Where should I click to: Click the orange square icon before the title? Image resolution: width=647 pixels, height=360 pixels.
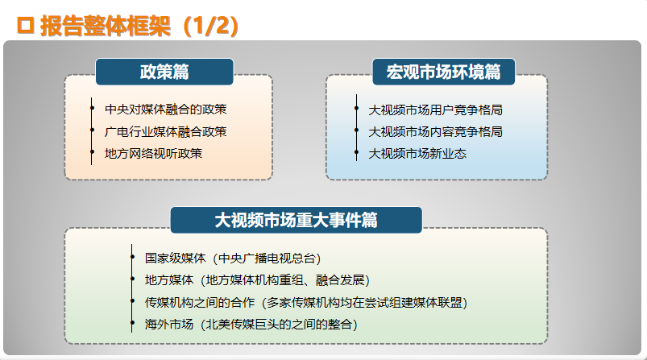click(x=25, y=26)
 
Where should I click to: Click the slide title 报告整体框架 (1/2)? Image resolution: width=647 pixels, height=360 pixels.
click(x=139, y=26)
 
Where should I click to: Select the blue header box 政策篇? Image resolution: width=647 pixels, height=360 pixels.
click(x=164, y=72)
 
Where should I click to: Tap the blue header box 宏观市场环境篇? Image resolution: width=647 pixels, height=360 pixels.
click(x=444, y=72)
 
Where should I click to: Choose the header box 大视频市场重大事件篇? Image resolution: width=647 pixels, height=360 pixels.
click(x=297, y=220)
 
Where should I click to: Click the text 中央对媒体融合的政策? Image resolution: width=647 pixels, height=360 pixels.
click(x=165, y=110)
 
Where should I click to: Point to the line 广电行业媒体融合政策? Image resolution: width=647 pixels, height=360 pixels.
click(x=165, y=131)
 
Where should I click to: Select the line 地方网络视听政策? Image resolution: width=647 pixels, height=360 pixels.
click(x=154, y=153)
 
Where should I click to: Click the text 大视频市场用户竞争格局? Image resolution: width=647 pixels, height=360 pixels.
click(x=435, y=110)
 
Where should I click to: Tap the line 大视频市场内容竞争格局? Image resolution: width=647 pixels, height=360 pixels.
click(x=435, y=131)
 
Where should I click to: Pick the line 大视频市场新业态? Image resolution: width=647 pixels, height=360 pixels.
click(x=417, y=153)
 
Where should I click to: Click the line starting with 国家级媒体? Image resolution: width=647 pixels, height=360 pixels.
click(x=233, y=259)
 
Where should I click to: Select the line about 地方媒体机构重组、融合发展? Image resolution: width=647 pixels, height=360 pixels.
click(x=258, y=280)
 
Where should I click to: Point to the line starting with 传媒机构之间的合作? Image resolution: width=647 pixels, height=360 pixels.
click(x=306, y=302)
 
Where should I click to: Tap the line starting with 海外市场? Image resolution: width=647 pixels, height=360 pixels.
click(x=251, y=324)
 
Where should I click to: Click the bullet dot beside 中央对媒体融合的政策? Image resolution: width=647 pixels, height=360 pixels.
click(x=92, y=109)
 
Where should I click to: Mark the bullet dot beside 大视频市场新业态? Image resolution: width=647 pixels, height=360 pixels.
click(x=356, y=152)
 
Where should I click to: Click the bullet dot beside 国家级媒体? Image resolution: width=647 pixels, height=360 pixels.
click(x=132, y=257)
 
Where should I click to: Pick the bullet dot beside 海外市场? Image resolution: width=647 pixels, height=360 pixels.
click(x=132, y=323)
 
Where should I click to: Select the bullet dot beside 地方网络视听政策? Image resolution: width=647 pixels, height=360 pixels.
click(x=92, y=152)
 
